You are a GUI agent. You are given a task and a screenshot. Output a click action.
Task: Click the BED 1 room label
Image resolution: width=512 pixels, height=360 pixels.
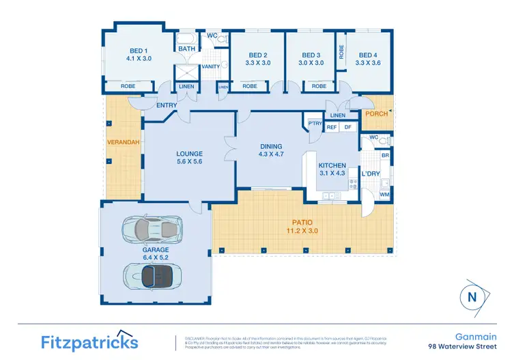coord(138,55)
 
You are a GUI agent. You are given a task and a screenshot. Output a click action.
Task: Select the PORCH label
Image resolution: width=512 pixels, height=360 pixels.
coord(376,114)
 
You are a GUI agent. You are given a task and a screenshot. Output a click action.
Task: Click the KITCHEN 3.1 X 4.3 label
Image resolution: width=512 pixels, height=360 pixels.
coord(332,169)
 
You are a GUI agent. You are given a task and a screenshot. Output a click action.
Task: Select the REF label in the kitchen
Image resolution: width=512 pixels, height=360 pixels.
coord(332,127)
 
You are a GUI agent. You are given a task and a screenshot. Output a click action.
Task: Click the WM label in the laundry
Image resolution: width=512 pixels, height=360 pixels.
coord(386,195)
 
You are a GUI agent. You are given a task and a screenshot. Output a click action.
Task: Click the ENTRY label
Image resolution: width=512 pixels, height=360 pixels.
coord(166,105)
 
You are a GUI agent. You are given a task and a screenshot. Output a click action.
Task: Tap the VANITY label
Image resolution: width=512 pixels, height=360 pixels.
coord(210,67)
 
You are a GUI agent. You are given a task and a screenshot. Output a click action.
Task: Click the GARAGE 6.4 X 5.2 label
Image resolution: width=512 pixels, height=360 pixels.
coord(155,254)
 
